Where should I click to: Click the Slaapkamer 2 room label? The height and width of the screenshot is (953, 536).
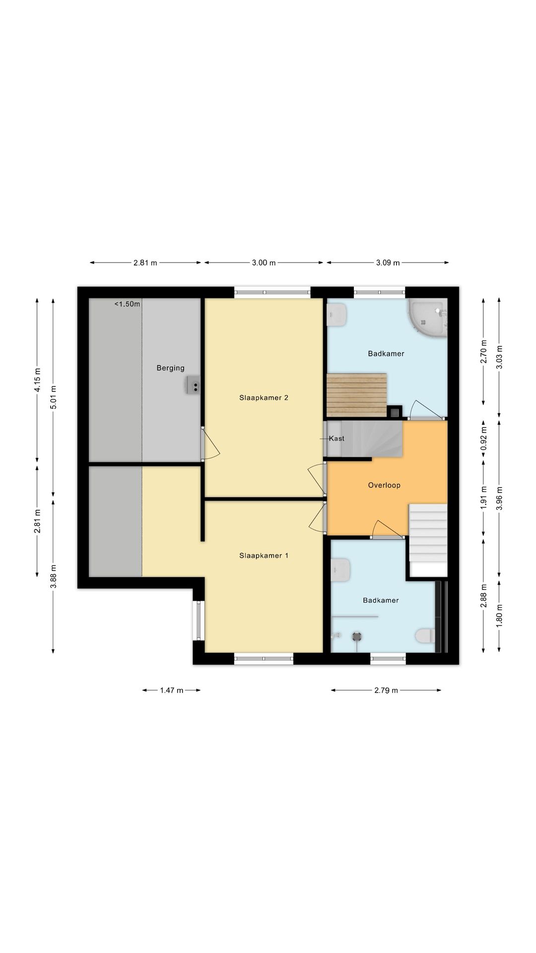tap(264, 398)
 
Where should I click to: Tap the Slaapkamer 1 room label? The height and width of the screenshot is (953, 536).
tap(264, 555)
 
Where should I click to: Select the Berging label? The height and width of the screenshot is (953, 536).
tap(170, 368)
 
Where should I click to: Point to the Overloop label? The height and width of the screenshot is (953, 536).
tap(384, 485)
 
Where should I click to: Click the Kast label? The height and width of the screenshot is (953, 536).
tap(336, 438)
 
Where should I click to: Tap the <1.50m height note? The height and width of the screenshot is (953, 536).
tap(128, 304)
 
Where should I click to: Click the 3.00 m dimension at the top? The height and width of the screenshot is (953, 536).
tap(264, 263)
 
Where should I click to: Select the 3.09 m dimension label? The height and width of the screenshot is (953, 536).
tap(388, 263)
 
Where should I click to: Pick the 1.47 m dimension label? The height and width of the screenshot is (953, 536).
tap(172, 690)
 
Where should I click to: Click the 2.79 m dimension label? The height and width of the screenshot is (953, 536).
tap(386, 690)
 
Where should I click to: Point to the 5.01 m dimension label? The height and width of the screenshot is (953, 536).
tap(54, 397)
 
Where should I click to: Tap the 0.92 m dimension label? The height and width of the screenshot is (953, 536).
tap(484, 438)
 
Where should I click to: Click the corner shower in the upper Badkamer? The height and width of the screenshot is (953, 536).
tap(427, 318)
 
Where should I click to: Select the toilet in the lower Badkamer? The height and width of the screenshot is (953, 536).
tap(425, 635)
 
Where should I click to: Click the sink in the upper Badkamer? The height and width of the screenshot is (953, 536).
tap(337, 315)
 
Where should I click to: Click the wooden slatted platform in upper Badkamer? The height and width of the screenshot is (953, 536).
tap(357, 395)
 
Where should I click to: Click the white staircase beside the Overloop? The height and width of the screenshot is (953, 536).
tap(428, 540)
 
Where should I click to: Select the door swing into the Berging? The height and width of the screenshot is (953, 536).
tap(210, 445)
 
